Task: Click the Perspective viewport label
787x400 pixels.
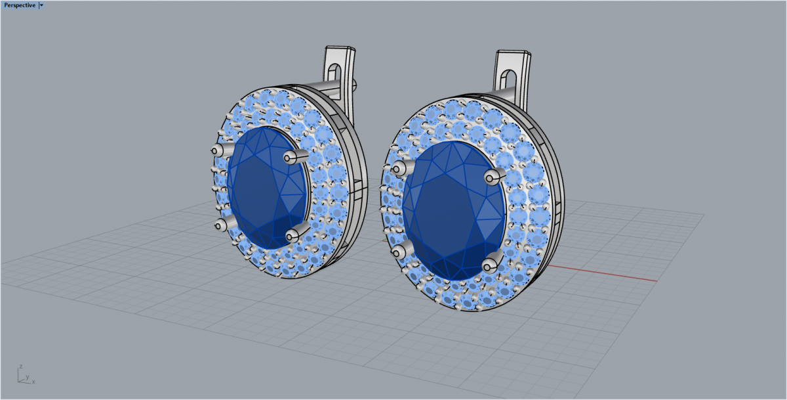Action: pos(20,5)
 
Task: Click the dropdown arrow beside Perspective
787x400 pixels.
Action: pos(41,5)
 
